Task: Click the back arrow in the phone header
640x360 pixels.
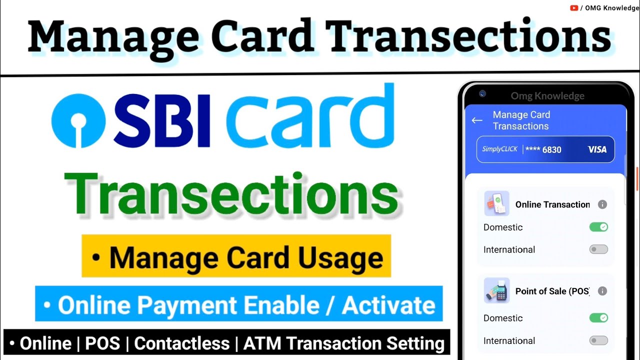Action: click(477, 120)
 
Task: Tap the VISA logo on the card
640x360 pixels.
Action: click(597, 149)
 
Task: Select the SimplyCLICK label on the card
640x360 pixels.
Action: click(499, 149)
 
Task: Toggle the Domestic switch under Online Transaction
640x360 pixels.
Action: click(598, 227)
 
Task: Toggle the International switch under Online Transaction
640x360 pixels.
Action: click(598, 249)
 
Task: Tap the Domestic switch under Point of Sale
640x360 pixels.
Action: click(598, 318)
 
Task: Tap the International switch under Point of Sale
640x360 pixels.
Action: click(598, 340)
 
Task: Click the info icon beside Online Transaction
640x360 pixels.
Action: click(602, 204)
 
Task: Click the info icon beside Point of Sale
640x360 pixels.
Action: click(602, 291)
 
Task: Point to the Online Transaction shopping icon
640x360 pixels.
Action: click(496, 203)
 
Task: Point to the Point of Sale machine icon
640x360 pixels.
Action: click(496, 290)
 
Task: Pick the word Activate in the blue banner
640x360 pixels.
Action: click(388, 305)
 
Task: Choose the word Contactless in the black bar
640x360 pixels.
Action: click(182, 343)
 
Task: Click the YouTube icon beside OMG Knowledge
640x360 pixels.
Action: click(574, 8)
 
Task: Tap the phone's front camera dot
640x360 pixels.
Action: click(482, 93)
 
